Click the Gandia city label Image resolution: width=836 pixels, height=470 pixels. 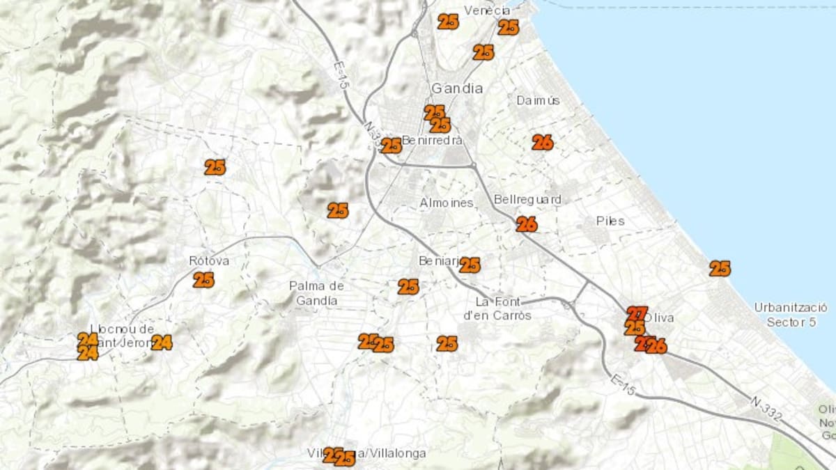(457, 88)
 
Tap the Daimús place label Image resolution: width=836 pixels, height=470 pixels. (538, 100)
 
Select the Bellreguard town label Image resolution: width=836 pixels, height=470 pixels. (527, 200)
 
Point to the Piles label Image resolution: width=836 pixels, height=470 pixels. (610, 221)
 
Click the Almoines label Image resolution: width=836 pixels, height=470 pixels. (447, 203)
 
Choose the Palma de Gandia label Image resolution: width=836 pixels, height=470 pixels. (317, 293)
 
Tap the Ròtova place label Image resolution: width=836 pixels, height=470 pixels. (209, 261)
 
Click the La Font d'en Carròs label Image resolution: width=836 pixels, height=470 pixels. (503, 308)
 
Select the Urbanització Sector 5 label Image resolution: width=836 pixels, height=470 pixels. (791, 315)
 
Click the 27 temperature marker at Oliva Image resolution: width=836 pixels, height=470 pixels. (637, 313)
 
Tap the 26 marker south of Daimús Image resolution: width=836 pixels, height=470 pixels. (542, 142)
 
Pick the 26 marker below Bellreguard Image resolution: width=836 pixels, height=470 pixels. (527, 224)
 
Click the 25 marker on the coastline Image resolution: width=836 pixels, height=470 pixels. (720, 268)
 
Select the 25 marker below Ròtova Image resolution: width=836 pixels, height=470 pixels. (203, 280)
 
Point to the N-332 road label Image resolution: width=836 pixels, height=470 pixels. (766, 409)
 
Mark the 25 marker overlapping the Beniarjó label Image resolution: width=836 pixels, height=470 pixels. (470, 265)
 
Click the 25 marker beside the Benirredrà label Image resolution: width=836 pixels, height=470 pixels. (391, 146)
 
